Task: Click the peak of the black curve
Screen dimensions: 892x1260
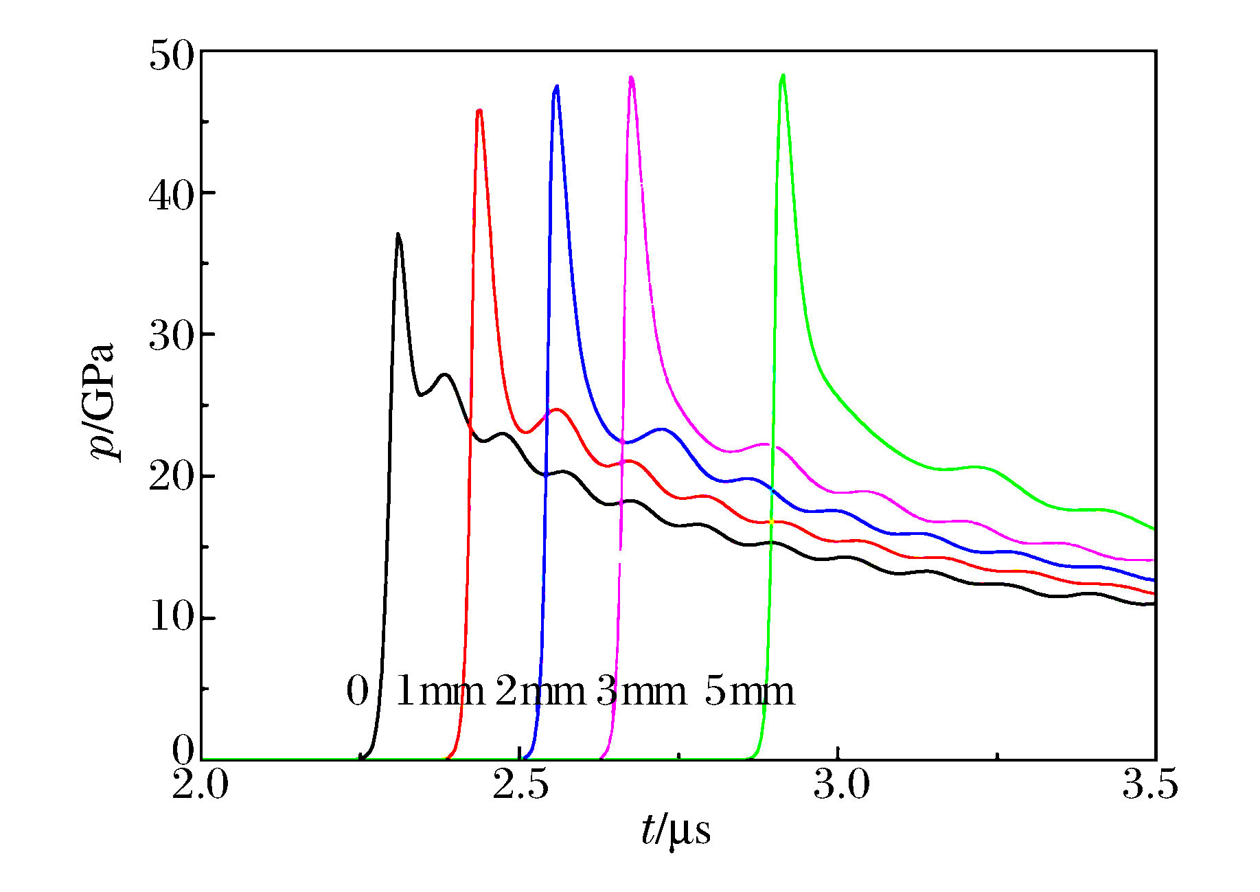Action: coord(398,235)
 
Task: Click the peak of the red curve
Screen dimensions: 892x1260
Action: coord(479,111)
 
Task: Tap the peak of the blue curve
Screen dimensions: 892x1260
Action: coord(556,87)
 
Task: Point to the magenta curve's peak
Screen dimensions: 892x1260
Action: coord(631,78)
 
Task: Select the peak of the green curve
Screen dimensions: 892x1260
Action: coord(783,76)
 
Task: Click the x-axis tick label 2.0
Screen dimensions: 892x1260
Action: coord(201,785)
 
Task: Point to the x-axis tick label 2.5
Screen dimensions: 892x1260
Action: coord(520,785)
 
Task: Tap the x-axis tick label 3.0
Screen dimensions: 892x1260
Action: coord(841,785)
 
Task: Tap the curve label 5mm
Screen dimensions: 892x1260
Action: coord(749,691)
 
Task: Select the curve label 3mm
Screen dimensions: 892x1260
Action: coord(641,691)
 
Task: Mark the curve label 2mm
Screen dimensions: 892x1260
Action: coord(540,691)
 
